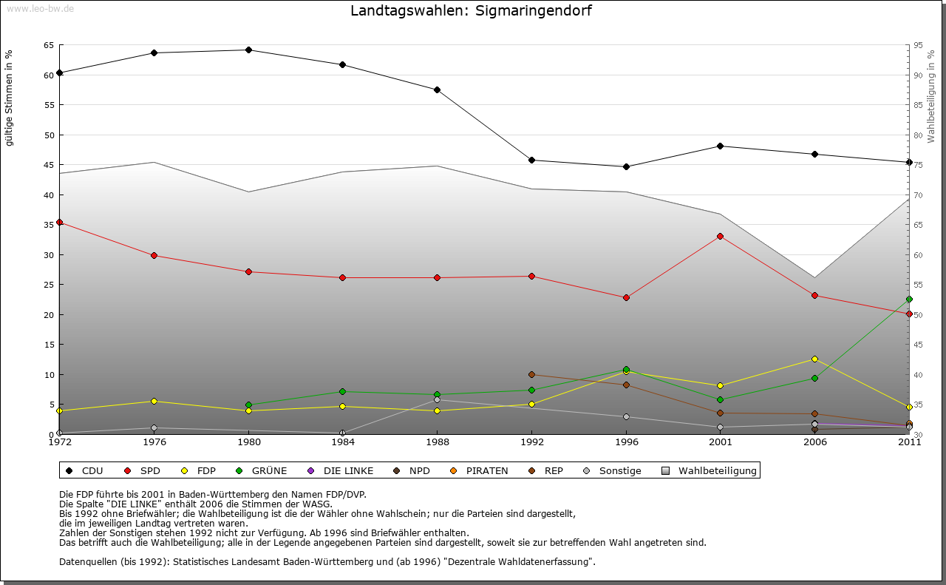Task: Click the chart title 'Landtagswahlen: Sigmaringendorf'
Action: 471,11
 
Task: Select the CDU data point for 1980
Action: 248,50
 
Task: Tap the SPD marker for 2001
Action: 721,237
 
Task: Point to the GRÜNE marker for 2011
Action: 909,300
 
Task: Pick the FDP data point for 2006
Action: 814,359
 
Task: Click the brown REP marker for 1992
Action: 532,375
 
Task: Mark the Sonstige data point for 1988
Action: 438,400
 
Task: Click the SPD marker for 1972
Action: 60,223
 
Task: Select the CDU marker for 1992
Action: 532,160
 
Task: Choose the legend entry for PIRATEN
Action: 480,470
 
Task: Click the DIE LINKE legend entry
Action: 341,470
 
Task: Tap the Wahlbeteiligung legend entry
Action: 709,470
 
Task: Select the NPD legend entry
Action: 412,470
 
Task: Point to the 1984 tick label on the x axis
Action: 343,443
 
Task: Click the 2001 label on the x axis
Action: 721,443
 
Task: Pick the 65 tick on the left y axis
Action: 49,45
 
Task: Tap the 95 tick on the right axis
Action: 919,45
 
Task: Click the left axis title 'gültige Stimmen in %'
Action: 10,98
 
